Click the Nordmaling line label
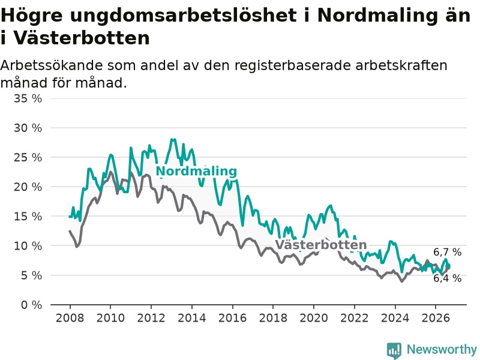(x=196, y=171)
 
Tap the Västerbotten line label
(x=320, y=245)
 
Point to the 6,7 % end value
(x=447, y=252)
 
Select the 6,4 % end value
(x=447, y=278)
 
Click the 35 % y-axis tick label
(x=28, y=98)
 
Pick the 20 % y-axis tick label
(x=28, y=187)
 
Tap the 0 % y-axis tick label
(x=32, y=305)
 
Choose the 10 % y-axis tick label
(x=28, y=246)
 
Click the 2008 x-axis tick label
(x=70, y=318)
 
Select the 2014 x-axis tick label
(x=192, y=318)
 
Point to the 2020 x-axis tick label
(x=314, y=318)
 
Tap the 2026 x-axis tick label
(x=436, y=318)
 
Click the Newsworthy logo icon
(x=394, y=350)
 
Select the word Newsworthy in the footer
(x=442, y=349)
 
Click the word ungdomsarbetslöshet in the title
(x=183, y=16)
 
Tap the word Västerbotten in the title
(x=82, y=38)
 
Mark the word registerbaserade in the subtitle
(x=293, y=65)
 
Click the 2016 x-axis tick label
(x=233, y=318)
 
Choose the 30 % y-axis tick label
(x=28, y=128)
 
